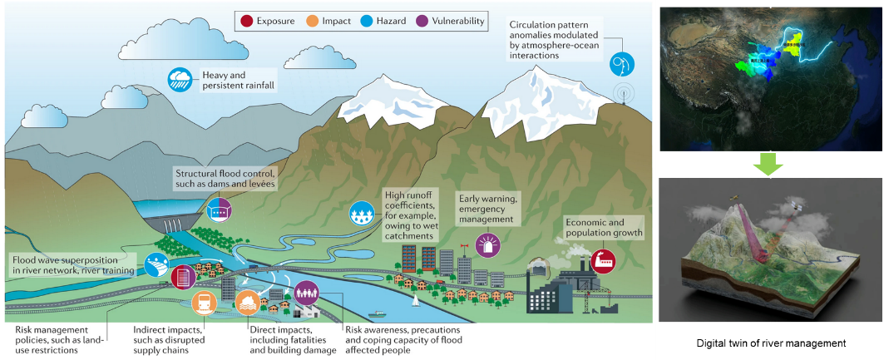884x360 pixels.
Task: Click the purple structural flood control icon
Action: (x=219, y=210)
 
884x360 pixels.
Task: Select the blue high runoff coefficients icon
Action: (x=363, y=214)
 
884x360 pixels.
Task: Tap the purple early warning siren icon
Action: (x=486, y=244)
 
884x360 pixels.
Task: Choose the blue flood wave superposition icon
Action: (x=156, y=265)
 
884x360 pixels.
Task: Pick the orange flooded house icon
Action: (x=248, y=303)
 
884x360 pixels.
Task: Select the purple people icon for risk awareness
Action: (x=306, y=293)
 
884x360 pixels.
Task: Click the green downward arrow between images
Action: (x=768, y=164)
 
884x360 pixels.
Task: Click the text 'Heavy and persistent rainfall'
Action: (x=238, y=81)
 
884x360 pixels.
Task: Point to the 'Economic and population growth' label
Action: (x=605, y=228)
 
